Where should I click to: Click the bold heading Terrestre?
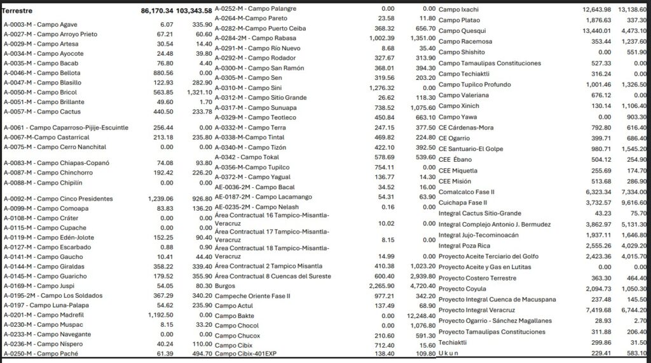click(18, 11)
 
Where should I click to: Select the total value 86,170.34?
click(156, 11)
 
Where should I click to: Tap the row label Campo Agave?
click(41, 24)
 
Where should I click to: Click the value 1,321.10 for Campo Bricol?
click(198, 92)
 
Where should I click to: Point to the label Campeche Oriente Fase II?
click(252, 296)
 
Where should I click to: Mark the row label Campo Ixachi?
click(458, 10)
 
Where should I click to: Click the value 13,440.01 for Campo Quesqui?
click(594, 30)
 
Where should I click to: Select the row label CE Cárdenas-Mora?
click(466, 127)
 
